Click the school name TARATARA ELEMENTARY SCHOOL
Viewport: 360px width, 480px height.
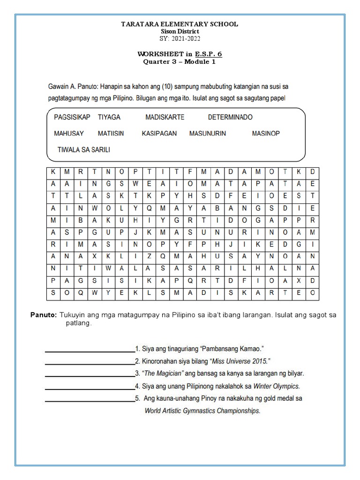(180, 24)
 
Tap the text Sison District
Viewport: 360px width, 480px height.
(180, 31)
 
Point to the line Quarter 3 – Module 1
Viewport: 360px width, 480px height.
(180, 61)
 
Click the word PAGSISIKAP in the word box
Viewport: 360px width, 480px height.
(72, 117)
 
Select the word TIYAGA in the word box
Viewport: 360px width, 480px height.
(109, 117)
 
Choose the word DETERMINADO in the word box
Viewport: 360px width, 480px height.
(230, 117)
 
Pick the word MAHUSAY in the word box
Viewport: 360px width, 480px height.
(69, 134)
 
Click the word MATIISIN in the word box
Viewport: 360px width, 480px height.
(111, 134)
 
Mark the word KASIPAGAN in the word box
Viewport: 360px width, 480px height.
(159, 134)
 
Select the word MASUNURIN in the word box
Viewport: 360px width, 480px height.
(208, 134)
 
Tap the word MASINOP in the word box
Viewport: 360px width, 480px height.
(266, 134)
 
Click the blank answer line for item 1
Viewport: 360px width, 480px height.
(89, 350)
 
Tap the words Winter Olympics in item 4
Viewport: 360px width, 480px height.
(276, 386)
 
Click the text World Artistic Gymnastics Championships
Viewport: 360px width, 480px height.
(202, 411)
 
